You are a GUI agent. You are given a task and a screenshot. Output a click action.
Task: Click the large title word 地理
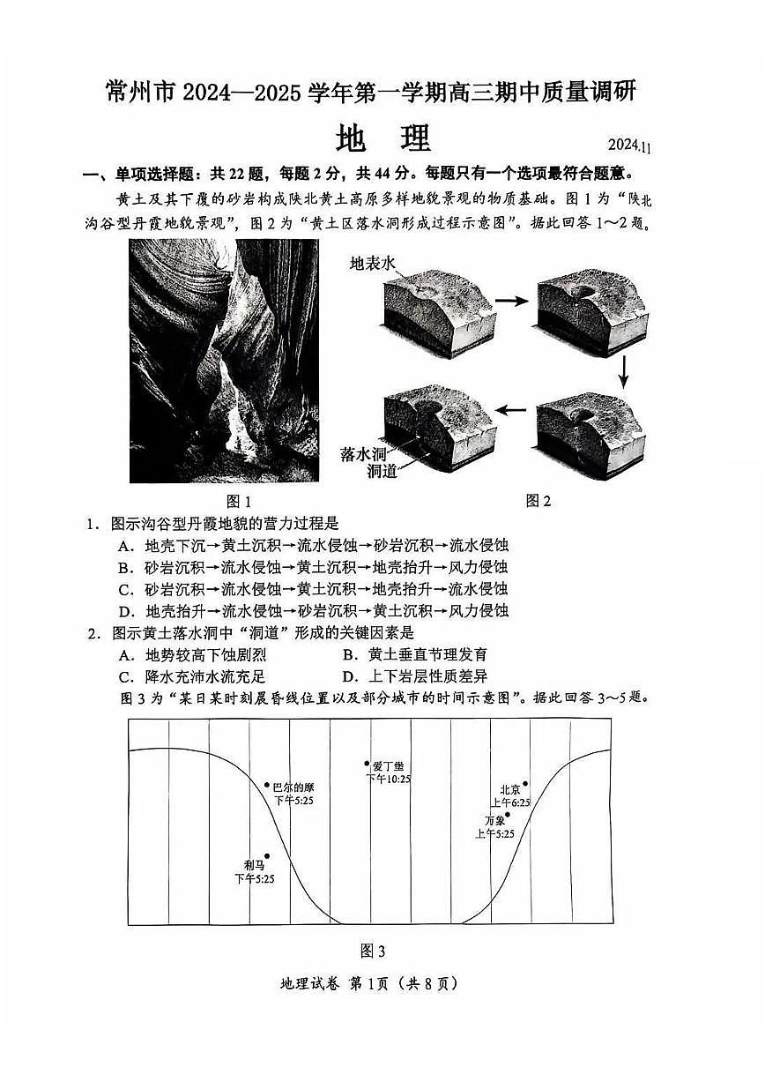tap(383, 138)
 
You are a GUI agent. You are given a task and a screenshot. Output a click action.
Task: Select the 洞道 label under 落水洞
tap(381, 473)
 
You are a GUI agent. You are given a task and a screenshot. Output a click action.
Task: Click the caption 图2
tap(538, 501)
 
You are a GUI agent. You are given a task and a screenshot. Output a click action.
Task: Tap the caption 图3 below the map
tap(373, 951)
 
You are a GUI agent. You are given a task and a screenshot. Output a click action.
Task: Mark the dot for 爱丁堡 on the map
tap(368, 764)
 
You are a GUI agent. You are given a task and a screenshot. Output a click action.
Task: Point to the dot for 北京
tap(525, 783)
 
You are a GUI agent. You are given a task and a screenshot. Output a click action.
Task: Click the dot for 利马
tap(267, 855)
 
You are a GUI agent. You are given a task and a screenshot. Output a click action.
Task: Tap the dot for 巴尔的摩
tap(267, 784)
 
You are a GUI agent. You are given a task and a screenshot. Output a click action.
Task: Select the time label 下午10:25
tap(388, 780)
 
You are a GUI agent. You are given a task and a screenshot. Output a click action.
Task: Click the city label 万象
tap(494, 821)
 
